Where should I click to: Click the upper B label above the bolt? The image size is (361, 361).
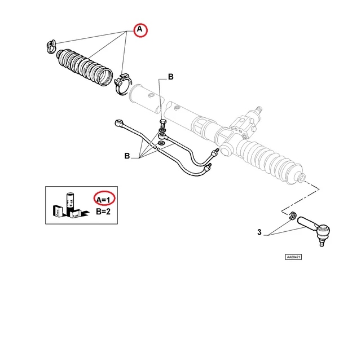170,77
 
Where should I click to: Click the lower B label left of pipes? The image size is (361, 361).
127,156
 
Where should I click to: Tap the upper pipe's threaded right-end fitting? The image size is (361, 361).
214,152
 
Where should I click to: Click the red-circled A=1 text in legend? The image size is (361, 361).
104,199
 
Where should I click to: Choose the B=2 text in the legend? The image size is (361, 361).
104,212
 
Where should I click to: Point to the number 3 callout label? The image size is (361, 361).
258,232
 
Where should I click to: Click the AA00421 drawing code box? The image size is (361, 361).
293,257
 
